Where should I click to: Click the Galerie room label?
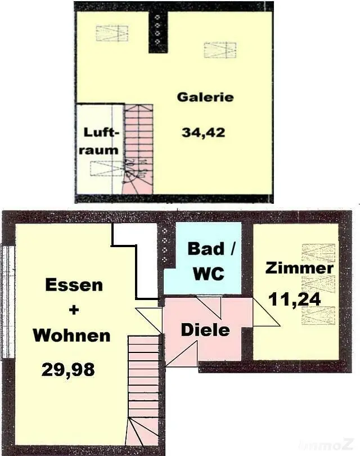pyautogui.click(x=205, y=97)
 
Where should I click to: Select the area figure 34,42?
pyautogui.click(x=203, y=133)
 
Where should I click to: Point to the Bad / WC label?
pyautogui.click(x=209, y=261)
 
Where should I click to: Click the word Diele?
pyautogui.click(x=205, y=330)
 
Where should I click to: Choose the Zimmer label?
pyautogui.click(x=299, y=268)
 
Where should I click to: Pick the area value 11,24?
pyautogui.click(x=295, y=298)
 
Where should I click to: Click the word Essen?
pyautogui.click(x=74, y=285)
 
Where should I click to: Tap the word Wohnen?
pyautogui.click(x=71, y=336)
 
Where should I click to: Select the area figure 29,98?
pyautogui.click(x=68, y=370)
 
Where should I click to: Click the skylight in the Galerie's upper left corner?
pyautogui.click(x=111, y=33)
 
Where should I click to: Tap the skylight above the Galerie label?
pyautogui.click(x=220, y=50)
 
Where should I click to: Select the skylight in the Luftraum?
pyautogui.click(x=106, y=168)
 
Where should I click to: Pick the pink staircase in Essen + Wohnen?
pyautogui.click(x=144, y=388)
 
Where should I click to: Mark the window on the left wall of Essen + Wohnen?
pyautogui.click(x=7, y=302)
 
